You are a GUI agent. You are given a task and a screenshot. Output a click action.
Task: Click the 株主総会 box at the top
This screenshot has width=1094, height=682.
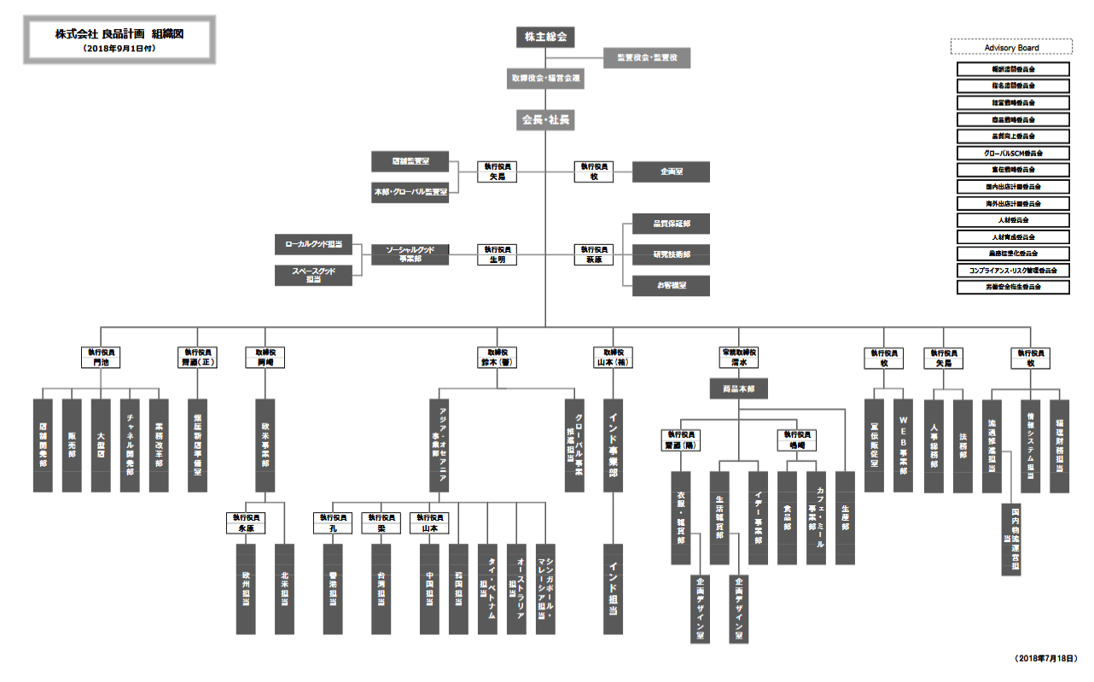click(x=545, y=37)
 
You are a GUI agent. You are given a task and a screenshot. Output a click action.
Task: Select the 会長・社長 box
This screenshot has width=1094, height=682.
click(x=545, y=120)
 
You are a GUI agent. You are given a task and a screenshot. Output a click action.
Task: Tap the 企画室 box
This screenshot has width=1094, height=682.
click(x=671, y=172)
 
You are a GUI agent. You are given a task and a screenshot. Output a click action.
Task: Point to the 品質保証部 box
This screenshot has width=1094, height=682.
click(x=671, y=223)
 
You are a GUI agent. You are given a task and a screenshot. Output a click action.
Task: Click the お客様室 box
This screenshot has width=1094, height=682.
click(x=671, y=285)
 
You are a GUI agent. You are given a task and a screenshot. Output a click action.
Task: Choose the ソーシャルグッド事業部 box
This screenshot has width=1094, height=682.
click(x=410, y=254)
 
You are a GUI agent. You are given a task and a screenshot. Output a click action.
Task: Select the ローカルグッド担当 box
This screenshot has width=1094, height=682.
click(x=313, y=244)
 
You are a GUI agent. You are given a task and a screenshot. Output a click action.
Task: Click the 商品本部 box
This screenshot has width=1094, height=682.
click(x=738, y=389)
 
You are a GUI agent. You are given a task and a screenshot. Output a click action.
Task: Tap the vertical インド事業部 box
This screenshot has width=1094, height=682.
click(x=613, y=445)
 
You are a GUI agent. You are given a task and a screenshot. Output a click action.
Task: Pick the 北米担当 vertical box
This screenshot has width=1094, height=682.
click(x=284, y=588)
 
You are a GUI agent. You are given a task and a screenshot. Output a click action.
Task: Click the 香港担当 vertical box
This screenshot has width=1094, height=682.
click(x=333, y=588)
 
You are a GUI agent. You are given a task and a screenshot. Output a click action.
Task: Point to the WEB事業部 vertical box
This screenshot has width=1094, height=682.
click(x=904, y=445)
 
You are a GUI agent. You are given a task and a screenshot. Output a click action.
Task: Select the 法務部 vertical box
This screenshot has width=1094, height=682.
click(x=963, y=445)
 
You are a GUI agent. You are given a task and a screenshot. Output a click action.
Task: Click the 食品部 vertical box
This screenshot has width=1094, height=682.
click(x=786, y=517)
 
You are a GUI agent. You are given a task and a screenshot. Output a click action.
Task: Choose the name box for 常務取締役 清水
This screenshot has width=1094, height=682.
click(x=738, y=357)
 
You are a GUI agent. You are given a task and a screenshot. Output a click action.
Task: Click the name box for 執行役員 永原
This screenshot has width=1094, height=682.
click(x=246, y=522)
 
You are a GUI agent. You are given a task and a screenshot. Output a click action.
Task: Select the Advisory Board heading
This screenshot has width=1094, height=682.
click(x=1011, y=48)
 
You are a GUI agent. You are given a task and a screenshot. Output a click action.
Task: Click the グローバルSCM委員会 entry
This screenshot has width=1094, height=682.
click(x=1013, y=153)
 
